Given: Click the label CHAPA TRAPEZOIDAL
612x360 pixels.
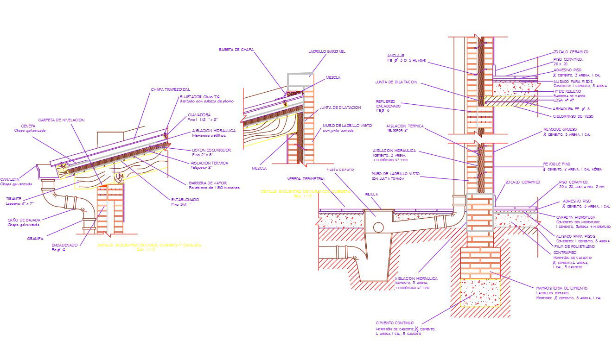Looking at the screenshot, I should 170,89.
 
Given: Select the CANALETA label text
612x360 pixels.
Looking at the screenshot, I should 10,179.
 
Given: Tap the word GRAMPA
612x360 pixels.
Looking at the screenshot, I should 35,239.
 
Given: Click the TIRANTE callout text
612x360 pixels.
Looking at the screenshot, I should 13,199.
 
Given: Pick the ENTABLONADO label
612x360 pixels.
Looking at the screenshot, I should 185,200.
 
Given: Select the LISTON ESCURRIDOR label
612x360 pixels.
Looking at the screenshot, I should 211,150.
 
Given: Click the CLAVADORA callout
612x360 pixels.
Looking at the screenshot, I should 199,115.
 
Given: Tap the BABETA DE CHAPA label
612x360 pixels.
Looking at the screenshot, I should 236,50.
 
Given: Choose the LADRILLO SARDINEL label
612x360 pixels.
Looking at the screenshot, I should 326,51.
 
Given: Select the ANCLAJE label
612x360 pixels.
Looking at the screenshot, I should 395,56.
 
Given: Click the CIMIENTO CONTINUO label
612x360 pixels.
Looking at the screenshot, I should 395,323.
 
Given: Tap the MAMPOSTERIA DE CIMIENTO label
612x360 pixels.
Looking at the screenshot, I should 561,288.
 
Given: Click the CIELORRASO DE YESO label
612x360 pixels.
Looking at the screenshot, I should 573,116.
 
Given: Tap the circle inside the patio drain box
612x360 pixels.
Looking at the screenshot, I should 378,227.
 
